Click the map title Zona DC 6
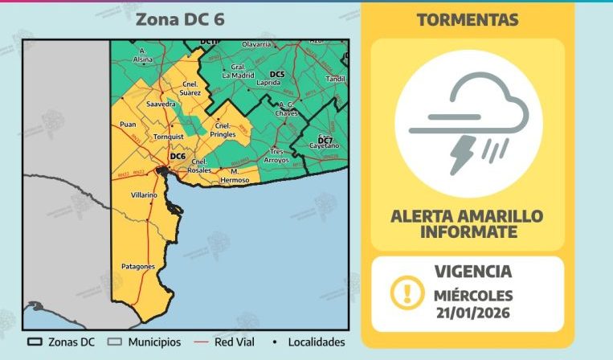[x=179, y=19]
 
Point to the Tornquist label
[x=170, y=137]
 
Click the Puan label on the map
[x=127, y=125]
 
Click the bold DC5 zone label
[x=277, y=75]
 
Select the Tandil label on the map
[x=335, y=79]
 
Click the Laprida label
[x=268, y=83]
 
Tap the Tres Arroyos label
[x=278, y=156]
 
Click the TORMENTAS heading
[x=467, y=20]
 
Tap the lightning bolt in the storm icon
[x=463, y=153]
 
